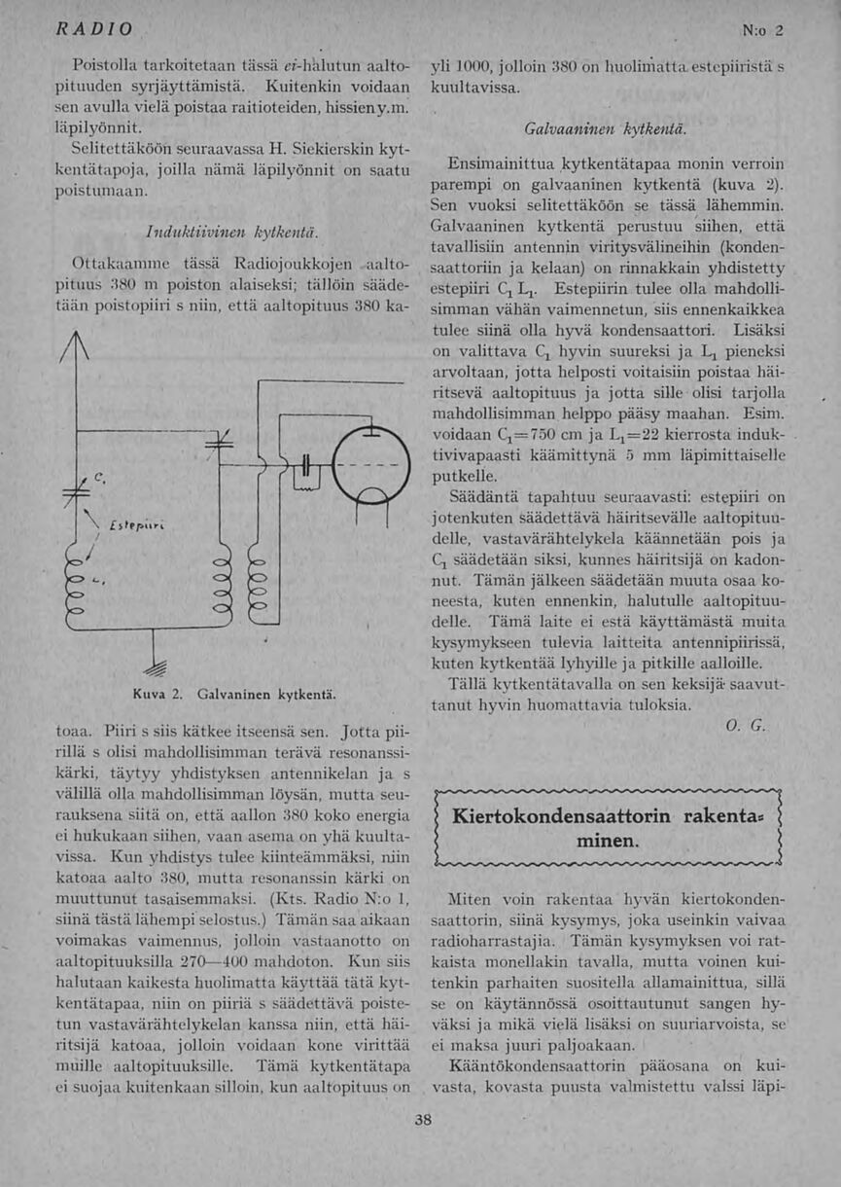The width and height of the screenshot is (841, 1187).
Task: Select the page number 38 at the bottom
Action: tap(422, 1120)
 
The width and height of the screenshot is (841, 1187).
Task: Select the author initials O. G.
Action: tap(746, 725)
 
